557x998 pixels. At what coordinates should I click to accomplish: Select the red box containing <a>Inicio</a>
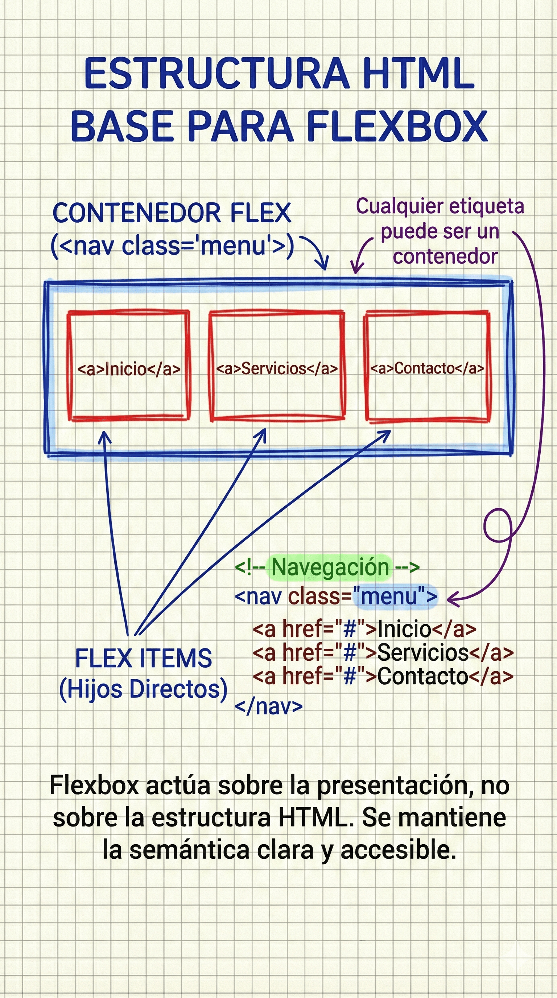(x=129, y=365)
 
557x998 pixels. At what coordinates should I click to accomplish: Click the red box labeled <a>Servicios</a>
(x=277, y=365)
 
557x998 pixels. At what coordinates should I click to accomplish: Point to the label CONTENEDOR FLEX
(x=172, y=213)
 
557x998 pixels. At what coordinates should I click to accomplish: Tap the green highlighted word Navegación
(x=330, y=567)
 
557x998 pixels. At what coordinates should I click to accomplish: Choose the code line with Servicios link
(x=383, y=652)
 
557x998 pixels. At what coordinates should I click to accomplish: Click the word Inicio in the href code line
(x=404, y=628)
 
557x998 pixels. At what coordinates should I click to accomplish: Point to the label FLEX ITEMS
(x=143, y=658)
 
